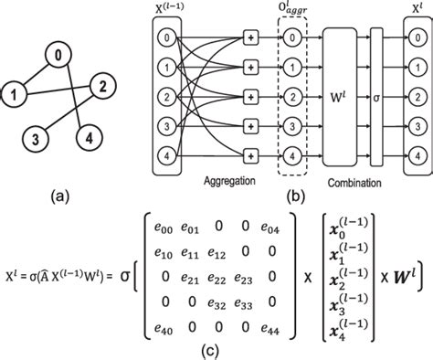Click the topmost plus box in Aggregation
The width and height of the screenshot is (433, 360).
pyautogui.click(x=248, y=37)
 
